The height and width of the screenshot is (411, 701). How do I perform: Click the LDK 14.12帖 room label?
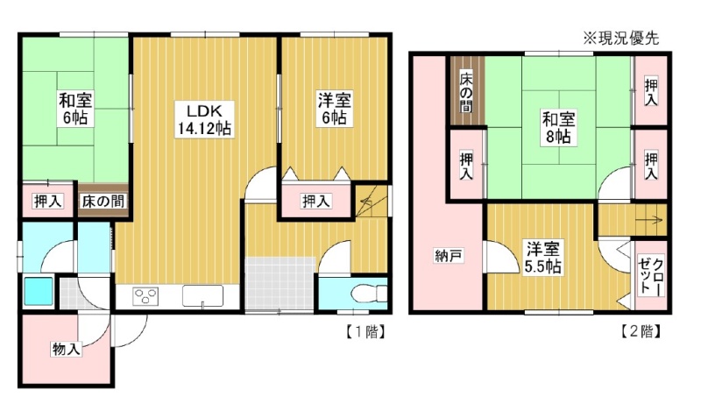(204, 119)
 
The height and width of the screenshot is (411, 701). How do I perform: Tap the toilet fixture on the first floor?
(368, 294)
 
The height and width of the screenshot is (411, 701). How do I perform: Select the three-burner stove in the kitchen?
(145, 296)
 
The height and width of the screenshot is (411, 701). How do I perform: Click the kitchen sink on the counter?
(202, 296)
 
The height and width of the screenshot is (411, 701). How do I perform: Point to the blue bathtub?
(38, 291)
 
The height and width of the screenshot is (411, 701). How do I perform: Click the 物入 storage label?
(67, 349)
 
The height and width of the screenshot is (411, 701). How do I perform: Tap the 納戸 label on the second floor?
(449, 256)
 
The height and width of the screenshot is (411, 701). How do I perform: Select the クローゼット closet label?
(651, 275)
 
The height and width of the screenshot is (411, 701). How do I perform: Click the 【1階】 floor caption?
(365, 332)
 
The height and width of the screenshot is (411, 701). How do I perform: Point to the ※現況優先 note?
(620, 39)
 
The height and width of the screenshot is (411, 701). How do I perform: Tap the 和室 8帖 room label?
(558, 127)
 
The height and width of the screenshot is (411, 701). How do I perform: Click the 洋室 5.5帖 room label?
(543, 258)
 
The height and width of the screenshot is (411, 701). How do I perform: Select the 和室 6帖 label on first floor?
(75, 109)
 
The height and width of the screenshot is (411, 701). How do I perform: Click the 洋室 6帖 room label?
(334, 109)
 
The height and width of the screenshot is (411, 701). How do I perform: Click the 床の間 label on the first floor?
(103, 202)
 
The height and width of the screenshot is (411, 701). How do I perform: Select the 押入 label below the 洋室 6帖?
(316, 202)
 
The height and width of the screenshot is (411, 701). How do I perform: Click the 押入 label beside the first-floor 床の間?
(47, 202)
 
